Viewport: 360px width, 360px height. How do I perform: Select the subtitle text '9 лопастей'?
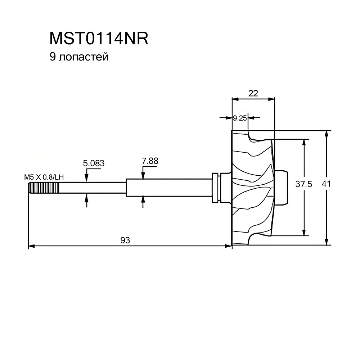[x=79, y=57]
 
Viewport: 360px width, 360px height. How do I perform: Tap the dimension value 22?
[x=253, y=93]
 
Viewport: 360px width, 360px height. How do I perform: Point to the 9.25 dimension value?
[x=239, y=118]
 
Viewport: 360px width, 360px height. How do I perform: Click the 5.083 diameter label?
[x=94, y=163]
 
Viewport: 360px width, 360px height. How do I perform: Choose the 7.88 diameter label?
[x=150, y=161]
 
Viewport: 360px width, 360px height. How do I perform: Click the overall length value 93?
[x=125, y=240]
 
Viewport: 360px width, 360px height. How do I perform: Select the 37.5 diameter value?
[x=304, y=184]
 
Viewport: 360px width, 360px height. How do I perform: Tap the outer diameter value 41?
[x=326, y=184]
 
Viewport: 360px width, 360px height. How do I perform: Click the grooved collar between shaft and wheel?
[x=216, y=187]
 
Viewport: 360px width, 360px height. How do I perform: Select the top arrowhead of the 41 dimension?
[x=326, y=133]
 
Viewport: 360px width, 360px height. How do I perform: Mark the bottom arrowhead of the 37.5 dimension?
[x=305, y=233]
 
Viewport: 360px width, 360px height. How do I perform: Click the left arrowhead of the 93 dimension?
[x=31, y=246]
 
